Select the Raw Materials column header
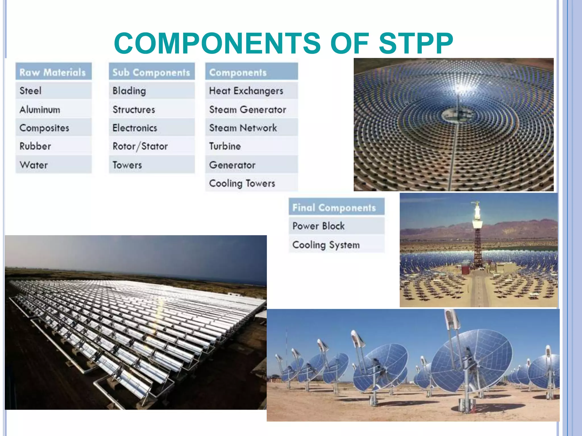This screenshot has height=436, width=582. pyautogui.click(x=53, y=72)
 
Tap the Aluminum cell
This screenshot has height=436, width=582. pyautogui.click(x=53, y=110)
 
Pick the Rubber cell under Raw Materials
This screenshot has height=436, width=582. pyautogui.click(x=53, y=146)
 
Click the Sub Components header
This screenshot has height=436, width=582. pyautogui.click(x=151, y=72)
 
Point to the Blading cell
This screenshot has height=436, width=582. pyautogui.click(x=151, y=91)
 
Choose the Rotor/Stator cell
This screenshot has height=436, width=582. pyautogui.click(x=151, y=146)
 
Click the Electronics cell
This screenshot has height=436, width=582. pyautogui.click(x=151, y=128)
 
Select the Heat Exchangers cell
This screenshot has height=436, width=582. pyautogui.click(x=251, y=91)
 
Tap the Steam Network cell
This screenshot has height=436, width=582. pyautogui.click(x=251, y=128)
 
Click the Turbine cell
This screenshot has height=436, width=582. pyautogui.click(x=251, y=146)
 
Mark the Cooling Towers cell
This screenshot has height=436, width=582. pyautogui.click(x=251, y=183)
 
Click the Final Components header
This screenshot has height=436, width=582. pyautogui.click(x=336, y=207)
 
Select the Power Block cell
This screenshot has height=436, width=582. pyautogui.click(x=336, y=226)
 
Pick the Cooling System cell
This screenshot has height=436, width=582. pyautogui.click(x=336, y=245)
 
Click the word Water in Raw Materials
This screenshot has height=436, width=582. pyautogui.click(x=34, y=165)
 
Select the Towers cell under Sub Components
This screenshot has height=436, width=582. pyautogui.click(x=151, y=165)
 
